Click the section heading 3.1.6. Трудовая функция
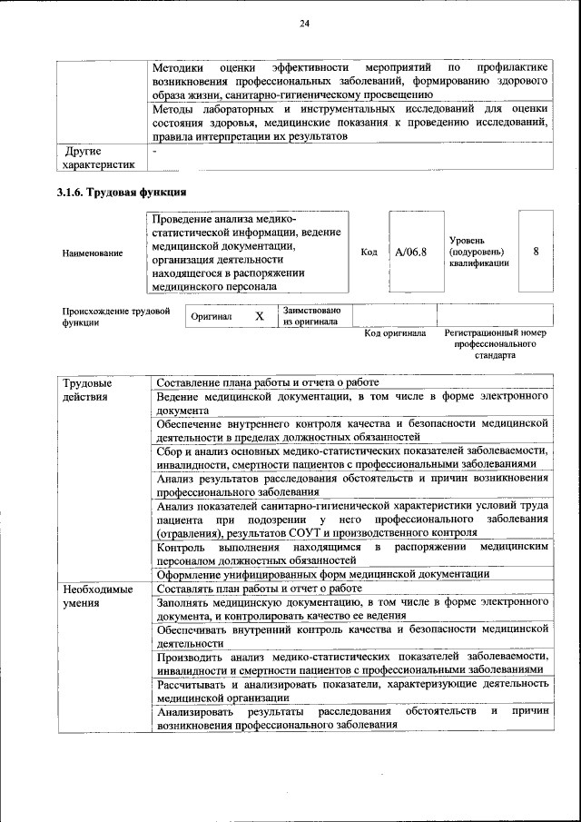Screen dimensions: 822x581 [122, 193]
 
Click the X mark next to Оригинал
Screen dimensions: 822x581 [259, 316]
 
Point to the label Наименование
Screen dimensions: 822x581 [93, 253]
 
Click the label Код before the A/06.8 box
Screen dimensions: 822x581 [369, 252]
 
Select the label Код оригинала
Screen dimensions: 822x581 [395, 333]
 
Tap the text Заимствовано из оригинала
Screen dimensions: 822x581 [310, 315]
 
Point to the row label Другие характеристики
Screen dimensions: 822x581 [97, 157]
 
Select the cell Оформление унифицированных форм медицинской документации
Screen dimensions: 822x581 [323, 573]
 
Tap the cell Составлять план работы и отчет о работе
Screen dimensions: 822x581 [259, 588]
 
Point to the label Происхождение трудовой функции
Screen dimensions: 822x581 [116, 316]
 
